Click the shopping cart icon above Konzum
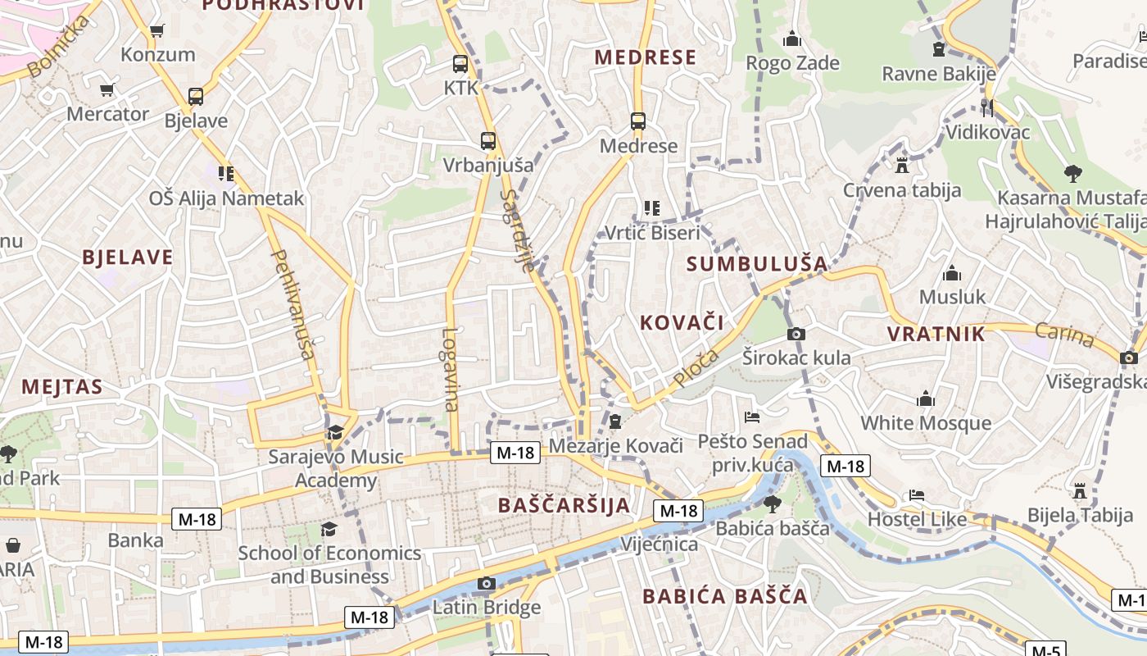click(156, 31)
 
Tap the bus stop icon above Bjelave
click(196, 97)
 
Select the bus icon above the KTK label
click(460, 63)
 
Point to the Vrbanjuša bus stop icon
click(488, 140)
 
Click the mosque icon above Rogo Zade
click(791, 39)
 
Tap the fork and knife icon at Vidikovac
click(987, 107)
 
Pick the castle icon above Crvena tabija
click(902, 166)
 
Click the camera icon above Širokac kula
click(796, 334)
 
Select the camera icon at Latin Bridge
click(487, 583)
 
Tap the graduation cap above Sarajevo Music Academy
click(335, 432)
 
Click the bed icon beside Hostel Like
click(917, 495)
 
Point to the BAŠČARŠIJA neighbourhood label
click(564, 505)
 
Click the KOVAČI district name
click(682, 323)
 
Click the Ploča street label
click(696, 368)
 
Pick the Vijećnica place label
click(660, 544)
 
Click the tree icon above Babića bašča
click(773, 503)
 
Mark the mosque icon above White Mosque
click(926, 399)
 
